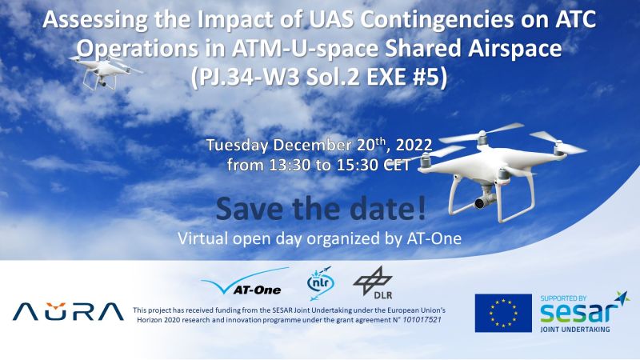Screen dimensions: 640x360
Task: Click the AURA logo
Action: (68, 311)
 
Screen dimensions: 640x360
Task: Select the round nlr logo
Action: (320, 282)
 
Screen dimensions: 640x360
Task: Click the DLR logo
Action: (373, 282)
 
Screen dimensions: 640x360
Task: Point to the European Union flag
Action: (503, 313)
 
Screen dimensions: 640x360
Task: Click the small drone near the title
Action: (106, 70)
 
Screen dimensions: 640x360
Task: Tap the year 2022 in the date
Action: (414, 146)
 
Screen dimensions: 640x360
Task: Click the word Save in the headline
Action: (250, 208)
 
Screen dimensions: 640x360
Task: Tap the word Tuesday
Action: (237, 146)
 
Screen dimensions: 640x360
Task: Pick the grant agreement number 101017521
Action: (422, 320)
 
